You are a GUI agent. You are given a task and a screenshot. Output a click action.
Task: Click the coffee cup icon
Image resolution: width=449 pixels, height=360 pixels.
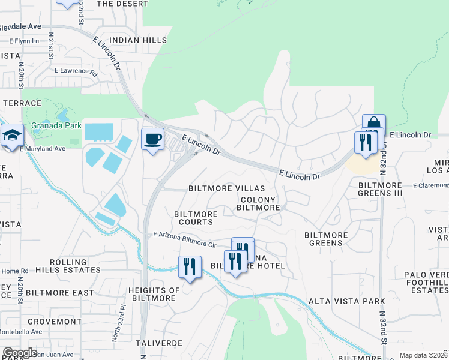pyautogui.click(x=152, y=139)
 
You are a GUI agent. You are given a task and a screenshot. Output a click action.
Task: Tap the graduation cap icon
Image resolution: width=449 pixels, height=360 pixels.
pyautogui.click(x=11, y=136)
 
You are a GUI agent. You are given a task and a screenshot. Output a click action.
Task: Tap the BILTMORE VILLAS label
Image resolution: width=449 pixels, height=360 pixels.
pyautogui.click(x=226, y=188)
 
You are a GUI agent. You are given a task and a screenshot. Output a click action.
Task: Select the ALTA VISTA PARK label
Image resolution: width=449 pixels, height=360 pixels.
pyautogui.click(x=338, y=301)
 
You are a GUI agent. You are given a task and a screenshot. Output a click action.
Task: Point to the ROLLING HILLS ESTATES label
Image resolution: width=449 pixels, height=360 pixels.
pyautogui.click(x=68, y=266)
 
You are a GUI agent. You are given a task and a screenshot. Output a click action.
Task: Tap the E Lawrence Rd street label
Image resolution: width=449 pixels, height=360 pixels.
pyautogui.click(x=76, y=71)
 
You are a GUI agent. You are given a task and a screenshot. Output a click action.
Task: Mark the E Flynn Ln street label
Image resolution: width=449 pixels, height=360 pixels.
pyautogui.click(x=24, y=41)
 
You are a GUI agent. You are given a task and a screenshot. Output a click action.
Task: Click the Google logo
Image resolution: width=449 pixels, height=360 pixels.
pyautogui.click(x=20, y=353)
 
